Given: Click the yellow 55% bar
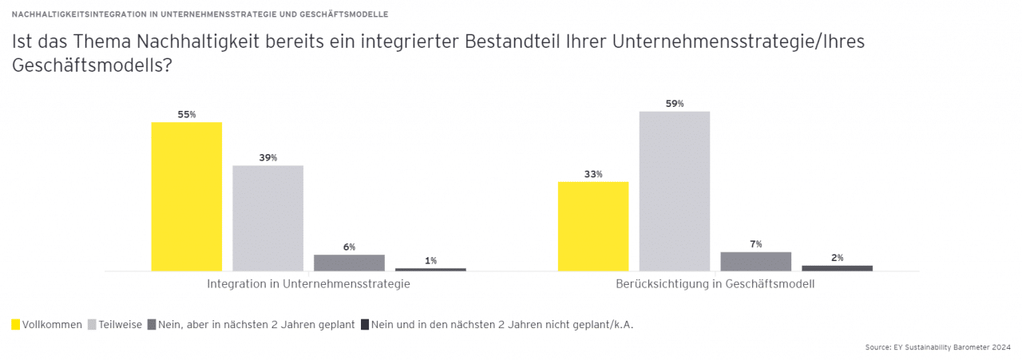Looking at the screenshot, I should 187,196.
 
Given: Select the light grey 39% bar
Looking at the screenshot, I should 268,218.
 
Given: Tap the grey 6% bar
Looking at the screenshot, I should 349,263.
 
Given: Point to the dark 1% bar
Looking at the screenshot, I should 430,269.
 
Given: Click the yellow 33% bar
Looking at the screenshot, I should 593,226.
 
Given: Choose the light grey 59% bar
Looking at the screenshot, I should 675,191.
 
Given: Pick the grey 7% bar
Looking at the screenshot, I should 755,261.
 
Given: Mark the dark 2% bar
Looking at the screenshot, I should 837,268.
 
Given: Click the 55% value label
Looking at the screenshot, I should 187,115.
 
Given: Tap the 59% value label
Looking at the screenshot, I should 675,104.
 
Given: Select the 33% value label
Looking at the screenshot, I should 593,174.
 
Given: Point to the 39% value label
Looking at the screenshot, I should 268,158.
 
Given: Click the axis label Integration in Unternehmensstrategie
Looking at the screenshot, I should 308,284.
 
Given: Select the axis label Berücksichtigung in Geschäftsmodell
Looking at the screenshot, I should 715,284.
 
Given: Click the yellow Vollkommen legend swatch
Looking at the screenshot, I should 16,324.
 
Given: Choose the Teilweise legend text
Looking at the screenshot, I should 121,324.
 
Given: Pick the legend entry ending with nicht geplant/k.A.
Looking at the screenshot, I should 503,324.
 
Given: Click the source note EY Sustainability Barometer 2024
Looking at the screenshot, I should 938,347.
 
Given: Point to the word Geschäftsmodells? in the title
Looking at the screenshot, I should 92,66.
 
